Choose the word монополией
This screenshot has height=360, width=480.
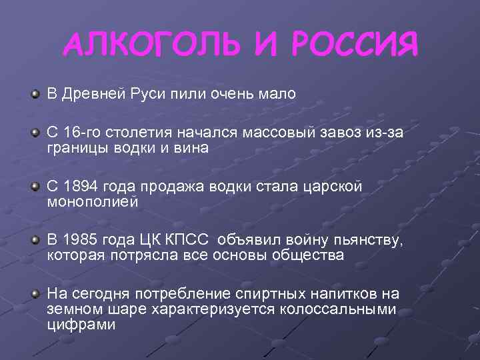point(92,202)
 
